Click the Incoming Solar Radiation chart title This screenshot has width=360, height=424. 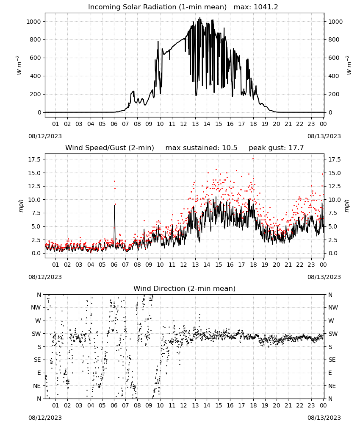click(157, 7)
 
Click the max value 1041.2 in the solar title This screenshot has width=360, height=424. click(266, 7)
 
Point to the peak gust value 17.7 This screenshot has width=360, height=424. click(296, 148)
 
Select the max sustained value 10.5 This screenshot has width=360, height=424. click(230, 148)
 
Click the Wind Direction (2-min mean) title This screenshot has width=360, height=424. click(185, 288)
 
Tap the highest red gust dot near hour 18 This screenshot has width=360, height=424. click(253, 159)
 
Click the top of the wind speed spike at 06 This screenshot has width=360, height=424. click(114, 205)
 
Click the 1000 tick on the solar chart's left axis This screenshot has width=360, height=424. click(33, 22)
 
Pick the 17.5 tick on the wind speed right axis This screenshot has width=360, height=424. click(334, 159)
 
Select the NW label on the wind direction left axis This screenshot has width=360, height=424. click(36, 308)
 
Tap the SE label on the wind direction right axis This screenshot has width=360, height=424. click(332, 360)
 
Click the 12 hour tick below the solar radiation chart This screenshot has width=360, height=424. click(184, 124)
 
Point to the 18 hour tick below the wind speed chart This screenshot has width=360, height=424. click(253, 265)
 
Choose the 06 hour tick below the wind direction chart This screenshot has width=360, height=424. click(114, 406)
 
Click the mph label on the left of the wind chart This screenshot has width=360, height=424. click(21, 206)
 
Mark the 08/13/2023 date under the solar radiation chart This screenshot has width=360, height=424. click(324, 136)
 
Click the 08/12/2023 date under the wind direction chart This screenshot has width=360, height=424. click(45, 418)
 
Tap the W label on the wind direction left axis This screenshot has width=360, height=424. click(38, 321)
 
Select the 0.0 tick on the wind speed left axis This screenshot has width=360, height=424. click(36, 254)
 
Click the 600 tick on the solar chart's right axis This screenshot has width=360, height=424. click(334, 58)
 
